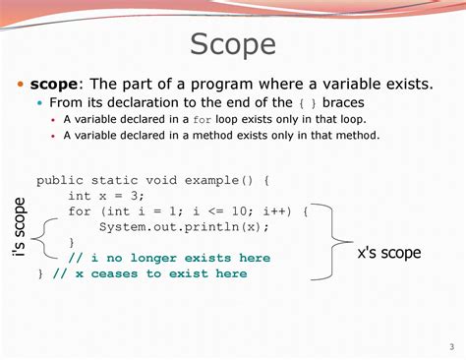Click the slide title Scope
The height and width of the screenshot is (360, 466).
point(233,45)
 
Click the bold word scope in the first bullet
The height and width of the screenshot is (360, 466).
point(54,85)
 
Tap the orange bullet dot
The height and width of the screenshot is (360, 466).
point(21,85)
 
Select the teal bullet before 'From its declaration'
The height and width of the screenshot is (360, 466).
point(40,102)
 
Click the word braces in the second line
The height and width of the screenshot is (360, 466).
point(343,102)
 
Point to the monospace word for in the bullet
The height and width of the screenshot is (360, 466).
point(202,120)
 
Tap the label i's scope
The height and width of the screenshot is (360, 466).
point(20,227)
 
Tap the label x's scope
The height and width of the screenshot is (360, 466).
point(389,253)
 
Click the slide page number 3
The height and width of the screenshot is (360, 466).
point(452,347)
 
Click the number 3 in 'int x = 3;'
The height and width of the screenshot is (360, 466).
point(134,196)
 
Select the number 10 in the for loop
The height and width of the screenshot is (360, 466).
point(239,211)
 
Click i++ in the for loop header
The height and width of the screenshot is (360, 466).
point(274,211)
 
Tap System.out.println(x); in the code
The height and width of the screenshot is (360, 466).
point(184,227)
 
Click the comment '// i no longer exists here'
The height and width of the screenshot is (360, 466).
point(169,258)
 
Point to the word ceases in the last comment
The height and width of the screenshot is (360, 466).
point(114,273)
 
